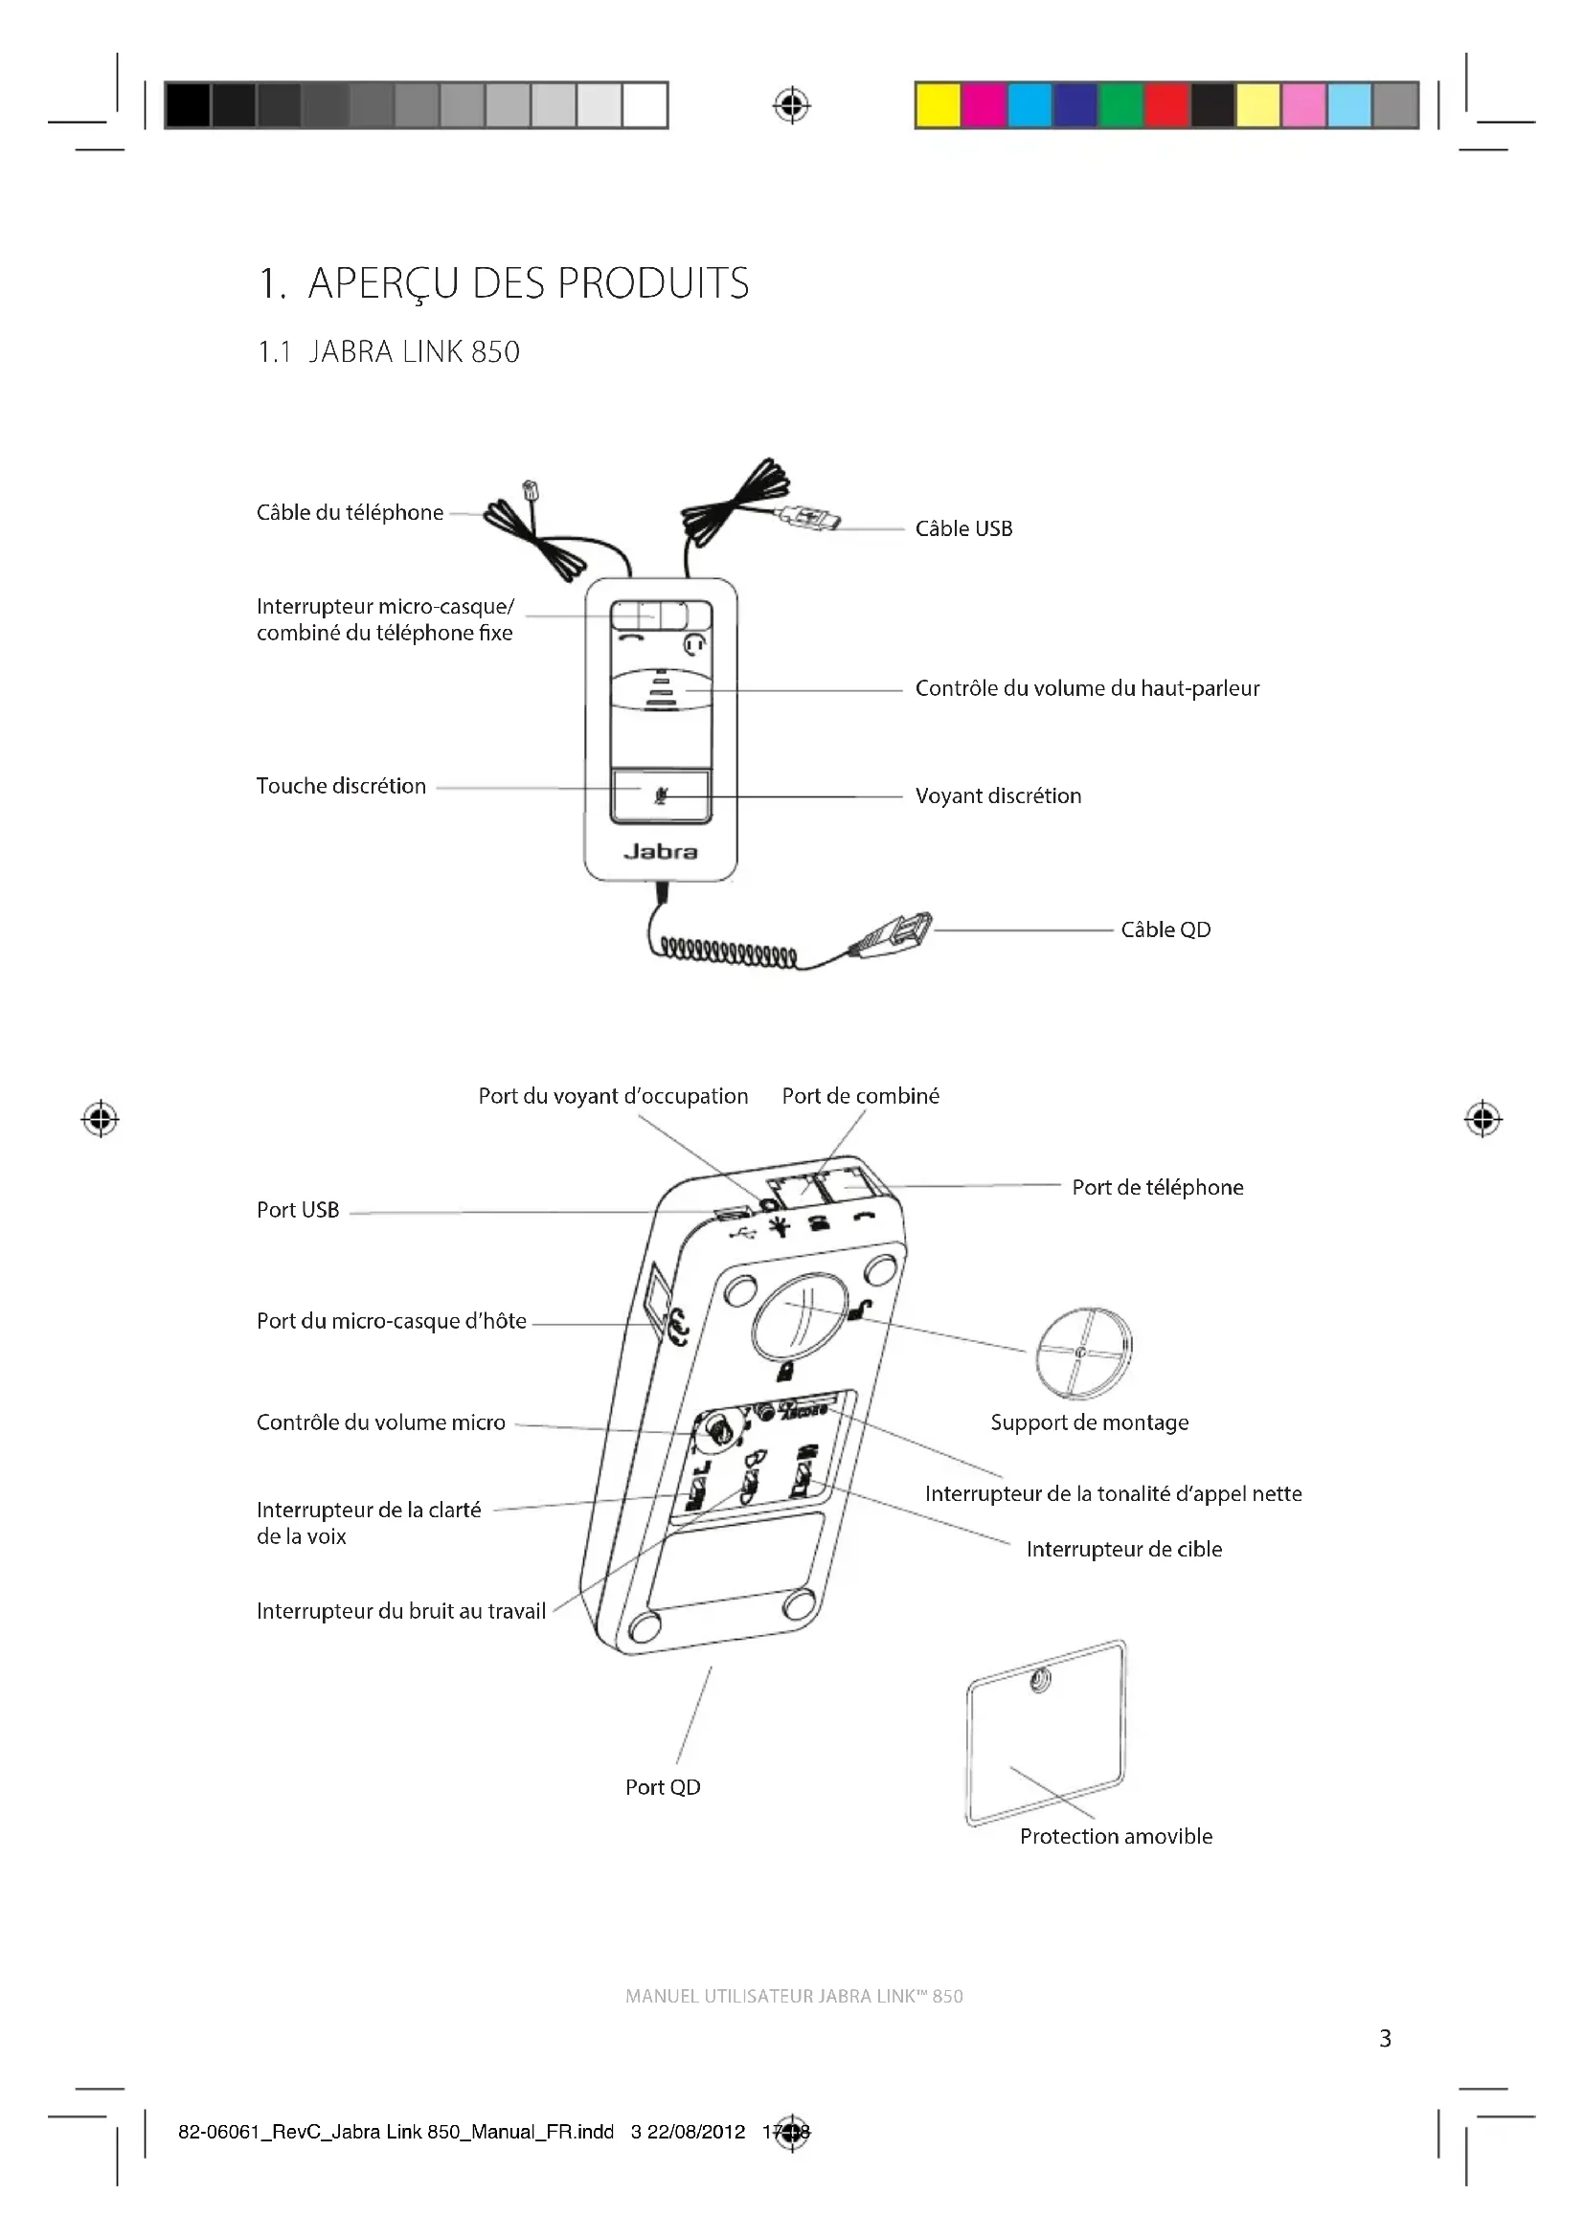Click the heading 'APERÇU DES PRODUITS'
pos(528,283)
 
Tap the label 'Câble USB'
pos(963,528)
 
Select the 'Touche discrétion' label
pos(340,786)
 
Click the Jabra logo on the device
pos(661,851)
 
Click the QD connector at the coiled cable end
pos(895,934)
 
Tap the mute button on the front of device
pos(661,795)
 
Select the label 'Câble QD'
pos(1165,929)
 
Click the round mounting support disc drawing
pos(1084,1354)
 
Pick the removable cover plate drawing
pos(1046,1734)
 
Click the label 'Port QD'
pos(663,1786)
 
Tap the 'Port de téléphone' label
pos(1157,1187)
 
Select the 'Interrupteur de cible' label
pos(1123,1549)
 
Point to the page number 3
pos(1385,2038)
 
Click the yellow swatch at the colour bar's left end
pos(939,105)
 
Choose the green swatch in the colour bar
pos(1121,105)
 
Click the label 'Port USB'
pos(298,1210)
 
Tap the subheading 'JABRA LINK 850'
pos(414,352)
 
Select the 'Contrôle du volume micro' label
pos(380,1422)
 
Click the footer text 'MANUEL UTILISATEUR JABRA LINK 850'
pos(794,1996)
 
